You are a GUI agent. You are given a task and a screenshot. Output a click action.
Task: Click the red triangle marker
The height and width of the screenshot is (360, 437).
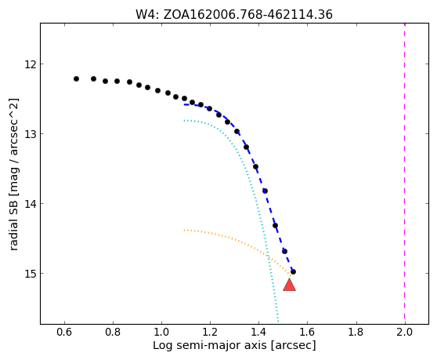(x=289, y=285)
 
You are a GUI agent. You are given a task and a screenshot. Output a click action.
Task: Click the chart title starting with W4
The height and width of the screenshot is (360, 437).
(x=234, y=15)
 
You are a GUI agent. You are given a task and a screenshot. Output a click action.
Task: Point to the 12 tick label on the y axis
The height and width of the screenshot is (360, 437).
(x=31, y=64)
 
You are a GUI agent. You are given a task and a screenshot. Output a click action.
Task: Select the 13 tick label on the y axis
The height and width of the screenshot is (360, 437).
(x=31, y=134)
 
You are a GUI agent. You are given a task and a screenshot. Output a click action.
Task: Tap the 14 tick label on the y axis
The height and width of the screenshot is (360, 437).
(x=31, y=204)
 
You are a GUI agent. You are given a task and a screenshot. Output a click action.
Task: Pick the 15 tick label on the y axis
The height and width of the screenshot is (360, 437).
(x=31, y=274)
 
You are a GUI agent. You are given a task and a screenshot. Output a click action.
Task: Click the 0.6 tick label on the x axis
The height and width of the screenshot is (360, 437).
(x=64, y=332)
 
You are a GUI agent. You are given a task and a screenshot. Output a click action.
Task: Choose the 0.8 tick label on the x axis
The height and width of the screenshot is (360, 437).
(x=113, y=332)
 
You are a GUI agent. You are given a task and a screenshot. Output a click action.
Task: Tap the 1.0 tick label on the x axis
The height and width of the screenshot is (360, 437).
(x=161, y=332)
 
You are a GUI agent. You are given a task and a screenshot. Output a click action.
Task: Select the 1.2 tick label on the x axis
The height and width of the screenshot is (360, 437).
(x=210, y=332)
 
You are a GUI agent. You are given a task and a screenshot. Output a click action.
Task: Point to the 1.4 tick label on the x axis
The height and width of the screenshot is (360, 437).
(x=258, y=332)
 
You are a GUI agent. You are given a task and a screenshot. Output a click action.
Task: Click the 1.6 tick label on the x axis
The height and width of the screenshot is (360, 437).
(x=307, y=332)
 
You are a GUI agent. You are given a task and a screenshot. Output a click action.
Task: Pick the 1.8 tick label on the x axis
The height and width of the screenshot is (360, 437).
(x=356, y=332)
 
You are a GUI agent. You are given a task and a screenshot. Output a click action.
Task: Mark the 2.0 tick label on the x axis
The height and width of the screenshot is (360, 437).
(x=404, y=332)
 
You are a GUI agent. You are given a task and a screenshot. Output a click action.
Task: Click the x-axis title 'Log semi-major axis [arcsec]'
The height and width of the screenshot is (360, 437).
(x=234, y=345)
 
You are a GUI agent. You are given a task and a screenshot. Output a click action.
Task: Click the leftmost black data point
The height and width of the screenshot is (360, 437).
(x=77, y=79)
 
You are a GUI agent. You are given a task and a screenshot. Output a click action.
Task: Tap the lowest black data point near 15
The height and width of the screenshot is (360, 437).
(x=293, y=271)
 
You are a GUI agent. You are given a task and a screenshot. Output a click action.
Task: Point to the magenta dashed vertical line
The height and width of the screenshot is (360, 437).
(x=404, y=173)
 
